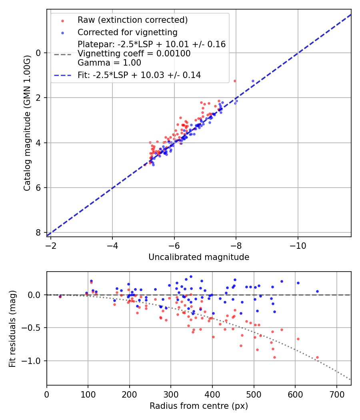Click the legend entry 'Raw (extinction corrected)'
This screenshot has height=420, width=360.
[132, 20]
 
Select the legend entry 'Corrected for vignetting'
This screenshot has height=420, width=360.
[127, 32]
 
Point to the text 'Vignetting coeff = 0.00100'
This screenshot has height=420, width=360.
[134, 53]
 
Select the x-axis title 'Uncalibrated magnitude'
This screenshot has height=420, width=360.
[199, 257]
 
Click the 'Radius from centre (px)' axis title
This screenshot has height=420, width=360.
[199, 406]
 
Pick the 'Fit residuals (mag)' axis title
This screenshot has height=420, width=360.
[12, 328]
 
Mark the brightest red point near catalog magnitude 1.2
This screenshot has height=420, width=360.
[235, 81]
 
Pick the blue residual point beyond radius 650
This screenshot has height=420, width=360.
[317, 291]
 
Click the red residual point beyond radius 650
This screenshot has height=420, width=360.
[317, 357]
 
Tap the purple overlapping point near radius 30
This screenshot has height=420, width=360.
[60, 297]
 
